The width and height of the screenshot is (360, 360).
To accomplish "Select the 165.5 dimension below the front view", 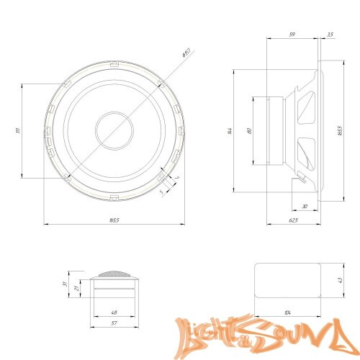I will (115, 220).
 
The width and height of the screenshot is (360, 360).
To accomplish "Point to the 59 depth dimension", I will (291, 34).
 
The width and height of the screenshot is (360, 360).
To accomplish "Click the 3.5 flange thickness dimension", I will (330, 34).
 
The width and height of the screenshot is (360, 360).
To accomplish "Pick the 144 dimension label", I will (230, 131).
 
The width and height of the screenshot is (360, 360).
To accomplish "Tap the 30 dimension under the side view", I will (305, 207).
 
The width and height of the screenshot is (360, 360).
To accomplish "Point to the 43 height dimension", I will (340, 281).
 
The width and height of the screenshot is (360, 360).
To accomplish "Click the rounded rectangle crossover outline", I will (288, 282).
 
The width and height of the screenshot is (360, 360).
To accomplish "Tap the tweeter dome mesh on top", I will (114, 275).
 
